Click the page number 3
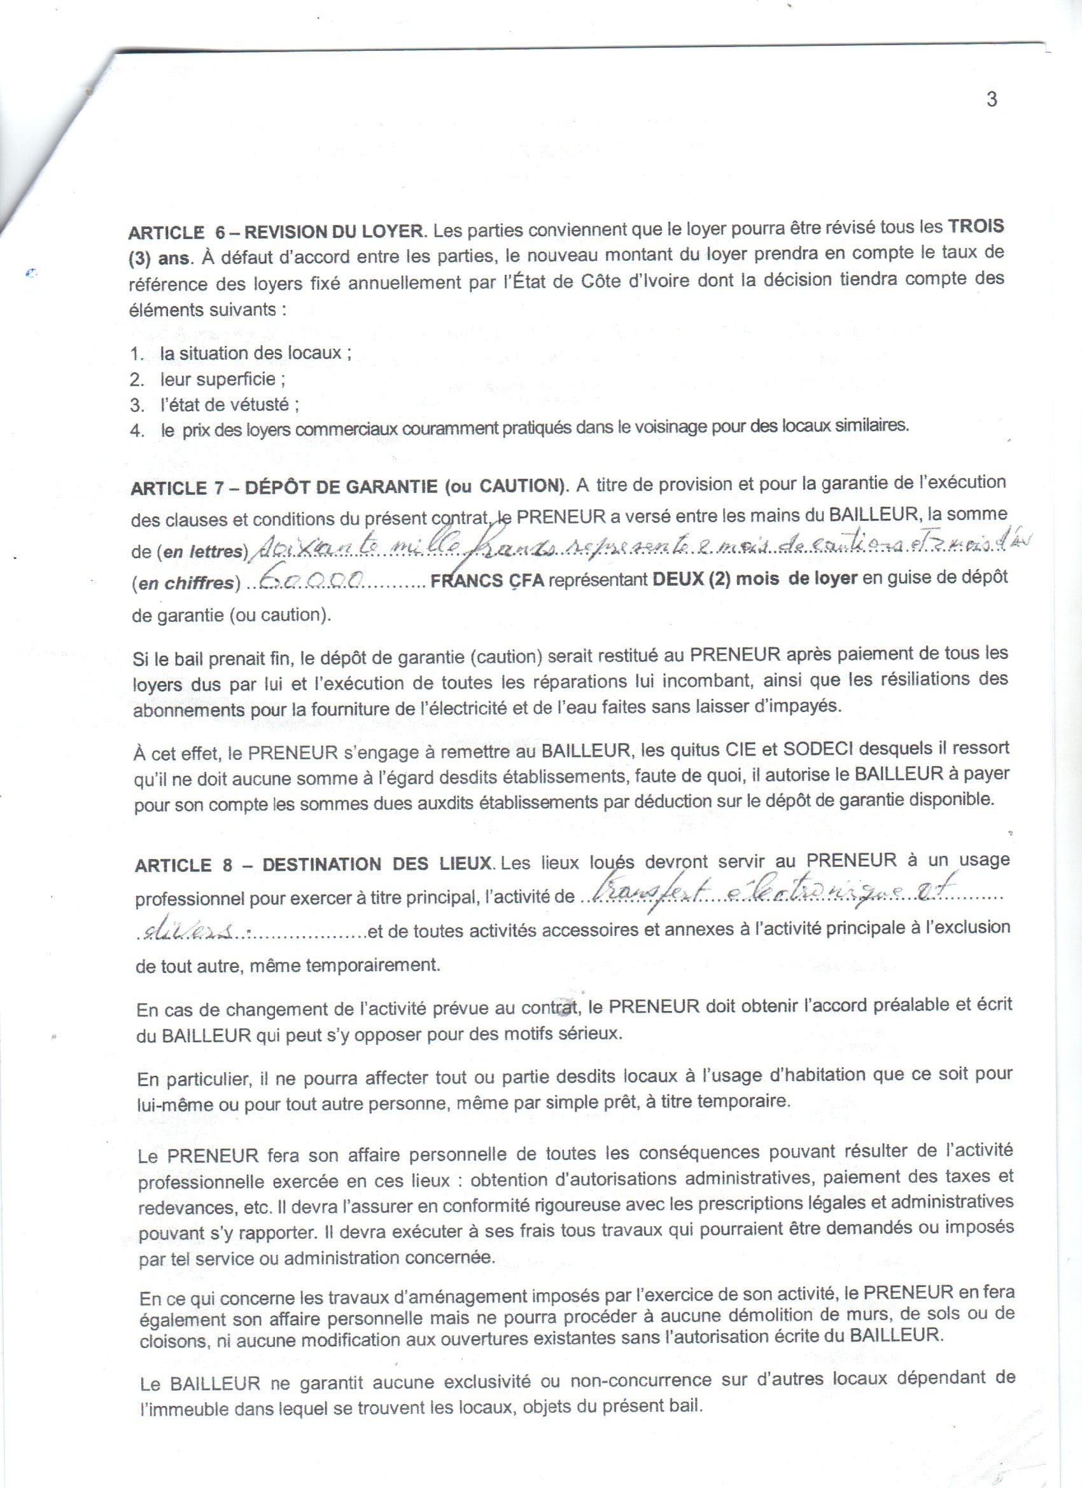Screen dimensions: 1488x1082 [992, 99]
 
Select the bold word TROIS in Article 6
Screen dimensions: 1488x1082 [975, 226]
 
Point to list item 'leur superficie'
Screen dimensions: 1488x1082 [222, 379]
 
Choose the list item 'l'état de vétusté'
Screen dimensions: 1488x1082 [229, 404]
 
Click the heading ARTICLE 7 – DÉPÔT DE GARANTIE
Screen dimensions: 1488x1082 [348, 487]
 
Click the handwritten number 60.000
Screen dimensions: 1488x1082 [309, 579]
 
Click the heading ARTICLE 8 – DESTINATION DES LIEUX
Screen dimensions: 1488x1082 [314, 865]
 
